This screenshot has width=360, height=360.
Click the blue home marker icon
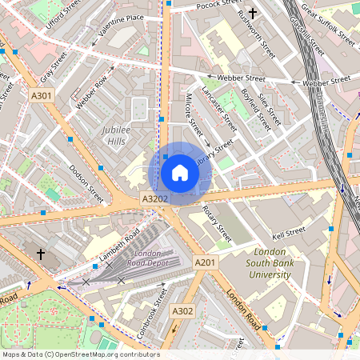180,173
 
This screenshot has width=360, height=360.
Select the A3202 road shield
154,198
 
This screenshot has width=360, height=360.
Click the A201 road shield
205,262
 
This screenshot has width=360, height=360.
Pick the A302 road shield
182,310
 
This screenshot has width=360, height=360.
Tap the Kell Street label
289,233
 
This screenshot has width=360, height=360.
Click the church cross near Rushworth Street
253,13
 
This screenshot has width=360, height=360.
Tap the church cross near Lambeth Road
41,254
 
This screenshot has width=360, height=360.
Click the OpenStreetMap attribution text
81,354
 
